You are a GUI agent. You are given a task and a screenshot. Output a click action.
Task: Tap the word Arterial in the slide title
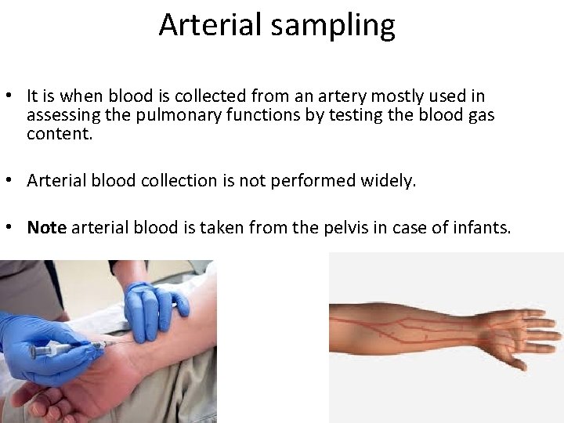(x=208, y=25)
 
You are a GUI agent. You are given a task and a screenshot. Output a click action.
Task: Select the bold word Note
(x=47, y=228)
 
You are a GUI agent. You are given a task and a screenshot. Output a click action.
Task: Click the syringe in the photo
(x=67, y=349)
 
